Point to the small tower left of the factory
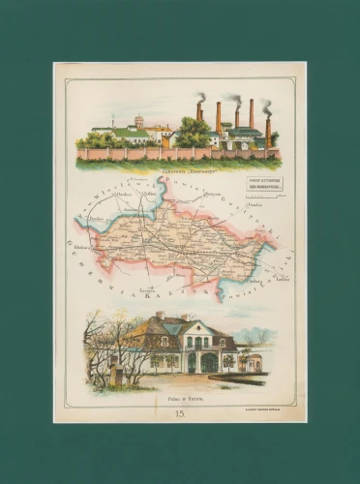(138, 122)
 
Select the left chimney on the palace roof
(160, 316)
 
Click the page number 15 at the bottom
(179, 413)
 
